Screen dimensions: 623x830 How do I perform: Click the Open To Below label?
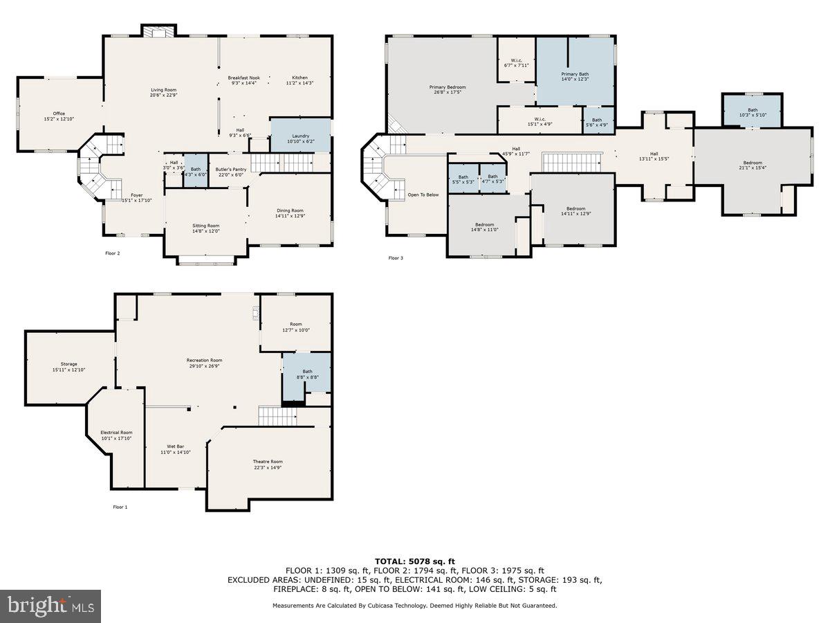click(x=423, y=195)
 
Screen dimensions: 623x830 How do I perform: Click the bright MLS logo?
click(x=50, y=606)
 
